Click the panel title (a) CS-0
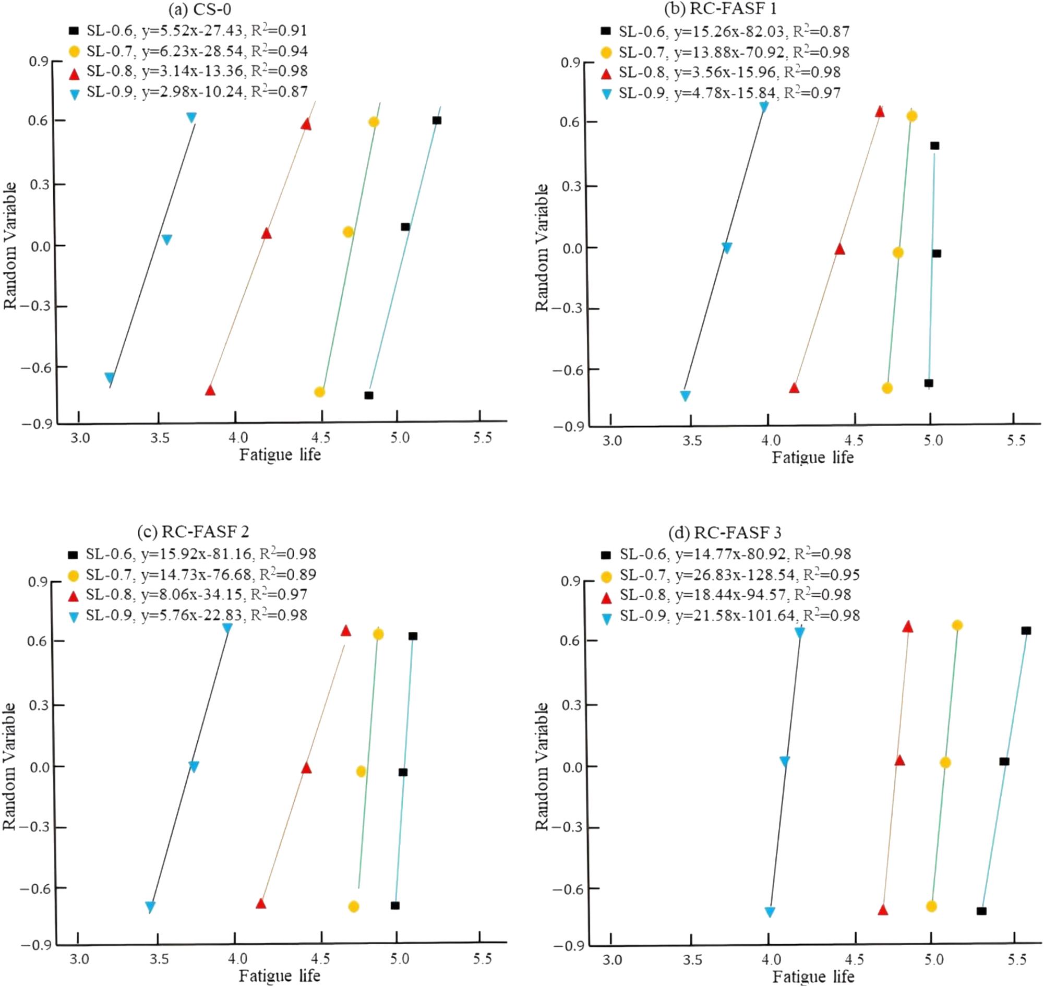point(199,9)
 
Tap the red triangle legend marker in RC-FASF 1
point(606,73)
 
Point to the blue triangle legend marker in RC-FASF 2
point(74,616)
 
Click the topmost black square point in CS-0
point(437,121)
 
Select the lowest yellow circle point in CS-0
point(319,392)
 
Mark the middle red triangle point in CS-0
point(266,233)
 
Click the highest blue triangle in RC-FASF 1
point(763,107)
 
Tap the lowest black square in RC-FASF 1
point(929,383)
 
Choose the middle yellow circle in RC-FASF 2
point(361,772)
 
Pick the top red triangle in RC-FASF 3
point(908,627)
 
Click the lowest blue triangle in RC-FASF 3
point(770,912)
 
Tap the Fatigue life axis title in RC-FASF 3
point(812,977)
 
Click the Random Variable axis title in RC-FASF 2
point(9,766)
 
